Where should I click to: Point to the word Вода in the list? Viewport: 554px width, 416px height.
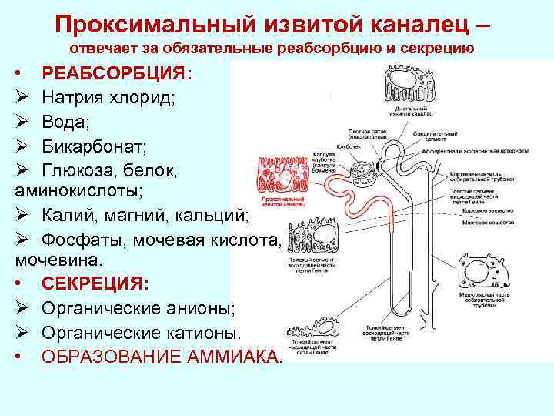point(66,122)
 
